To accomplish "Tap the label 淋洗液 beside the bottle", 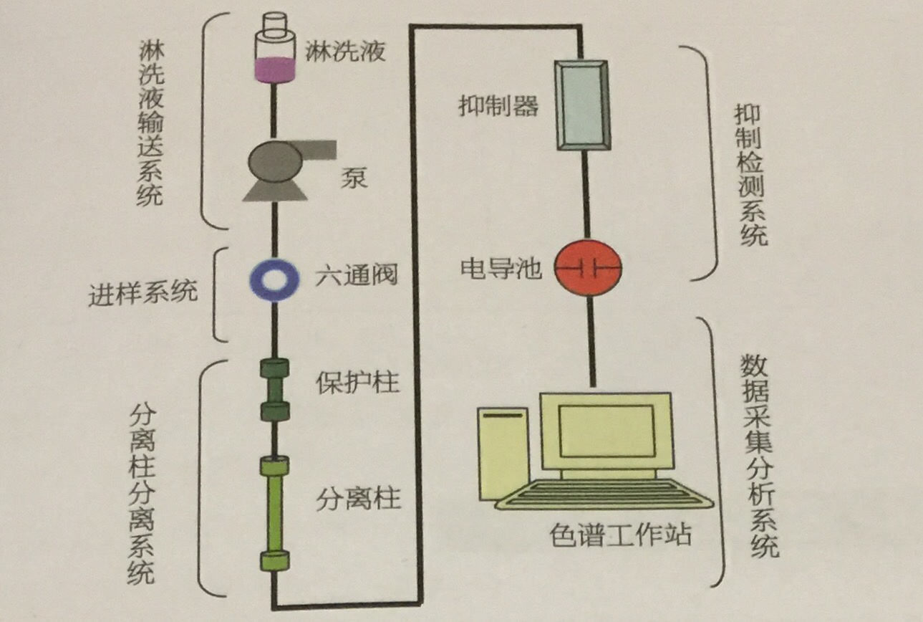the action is pos(345,52).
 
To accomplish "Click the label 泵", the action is pos(354,178).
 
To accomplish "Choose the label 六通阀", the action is pos(357,274).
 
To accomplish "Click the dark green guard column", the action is pos(274,390).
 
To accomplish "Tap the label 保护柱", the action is pos(357,383).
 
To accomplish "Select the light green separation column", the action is pos(274,513).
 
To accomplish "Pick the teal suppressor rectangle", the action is pos(582,105).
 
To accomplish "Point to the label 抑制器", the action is pos(498,105).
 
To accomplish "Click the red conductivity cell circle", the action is pos(587,268).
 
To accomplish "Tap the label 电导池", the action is pos(501,268).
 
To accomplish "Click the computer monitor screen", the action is pos(607,431).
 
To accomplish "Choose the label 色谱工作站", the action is pos(620,535).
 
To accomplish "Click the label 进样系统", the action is pos(143,292).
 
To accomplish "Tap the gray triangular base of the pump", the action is pos(274,191).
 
